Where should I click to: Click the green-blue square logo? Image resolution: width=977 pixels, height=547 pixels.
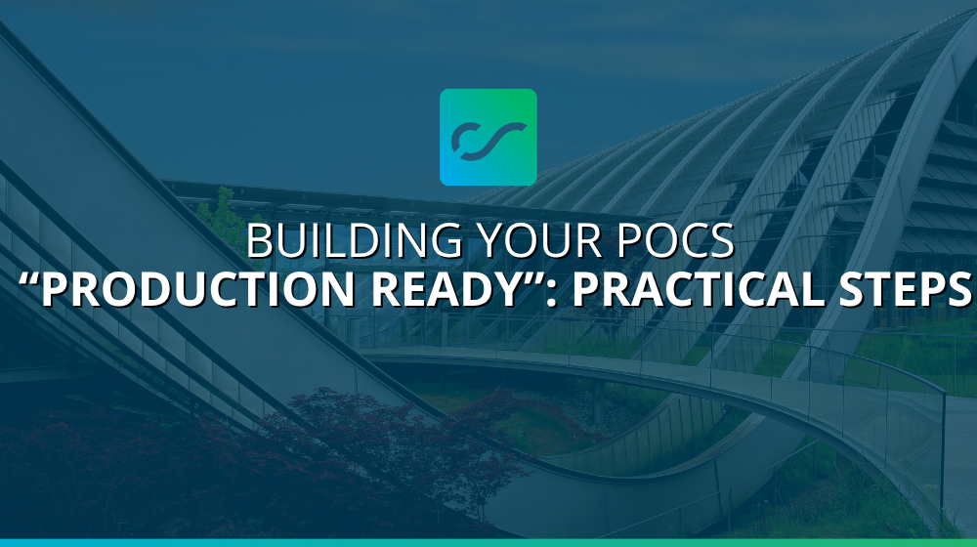click(x=488, y=137)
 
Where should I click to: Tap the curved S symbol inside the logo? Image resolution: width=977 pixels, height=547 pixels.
click(x=488, y=138)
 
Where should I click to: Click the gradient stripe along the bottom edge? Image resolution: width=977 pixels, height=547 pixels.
click(x=488, y=542)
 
